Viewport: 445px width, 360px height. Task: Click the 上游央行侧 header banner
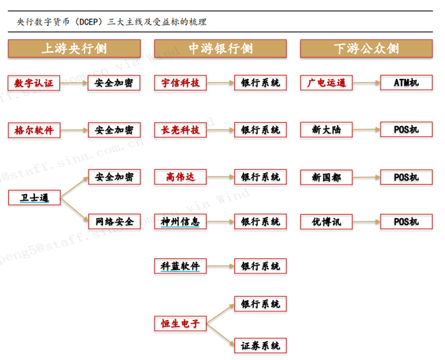pos(74,49)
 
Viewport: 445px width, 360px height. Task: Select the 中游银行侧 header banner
pos(220,49)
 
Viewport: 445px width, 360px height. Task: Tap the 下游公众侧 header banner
pos(366,49)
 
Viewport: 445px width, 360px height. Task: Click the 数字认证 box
pos(34,83)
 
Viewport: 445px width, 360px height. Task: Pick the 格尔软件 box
pos(34,130)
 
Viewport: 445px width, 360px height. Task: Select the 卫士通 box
pos(34,198)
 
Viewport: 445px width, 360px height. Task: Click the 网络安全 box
pos(114,222)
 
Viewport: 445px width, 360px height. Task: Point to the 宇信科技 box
pos(181,83)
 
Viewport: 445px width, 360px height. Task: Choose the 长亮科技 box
pos(181,130)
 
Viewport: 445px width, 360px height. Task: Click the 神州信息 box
pos(181,222)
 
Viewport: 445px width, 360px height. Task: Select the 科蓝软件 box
pos(181,267)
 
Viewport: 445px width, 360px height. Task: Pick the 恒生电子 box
pos(181,324)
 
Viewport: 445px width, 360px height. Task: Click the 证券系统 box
pos(260,346)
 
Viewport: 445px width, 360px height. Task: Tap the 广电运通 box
pos(326,83)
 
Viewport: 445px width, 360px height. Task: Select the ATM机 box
pos(406,83)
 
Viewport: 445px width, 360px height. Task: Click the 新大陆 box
pos(326,130)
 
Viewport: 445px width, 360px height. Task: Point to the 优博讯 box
pos(326,222)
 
